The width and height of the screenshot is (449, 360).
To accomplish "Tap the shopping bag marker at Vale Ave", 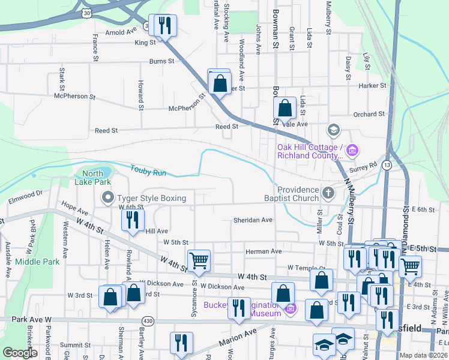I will click(x=285, y=109).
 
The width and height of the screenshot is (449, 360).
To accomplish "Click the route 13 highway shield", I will click(x=387, y=164).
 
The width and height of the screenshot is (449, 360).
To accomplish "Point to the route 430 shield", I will click(x=148, y=322).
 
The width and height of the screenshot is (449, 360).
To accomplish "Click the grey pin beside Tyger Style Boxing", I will click(x=108, y=197).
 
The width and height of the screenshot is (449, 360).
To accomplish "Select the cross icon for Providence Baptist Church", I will click(x=328, y=193).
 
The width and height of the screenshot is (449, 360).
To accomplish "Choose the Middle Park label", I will click(x=37, y=262).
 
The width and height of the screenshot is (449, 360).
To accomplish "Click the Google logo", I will click(x=20, y=353).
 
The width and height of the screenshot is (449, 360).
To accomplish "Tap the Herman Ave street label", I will click(x=264, y=251).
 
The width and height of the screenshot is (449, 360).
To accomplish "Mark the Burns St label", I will click(x=161, y=61).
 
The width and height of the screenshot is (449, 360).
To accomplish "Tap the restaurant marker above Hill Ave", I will click(x=133, y=220).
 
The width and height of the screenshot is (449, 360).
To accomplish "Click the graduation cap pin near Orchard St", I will click(x=334, y=130).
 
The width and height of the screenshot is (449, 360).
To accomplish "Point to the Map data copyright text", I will click(x=423, y=355).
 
